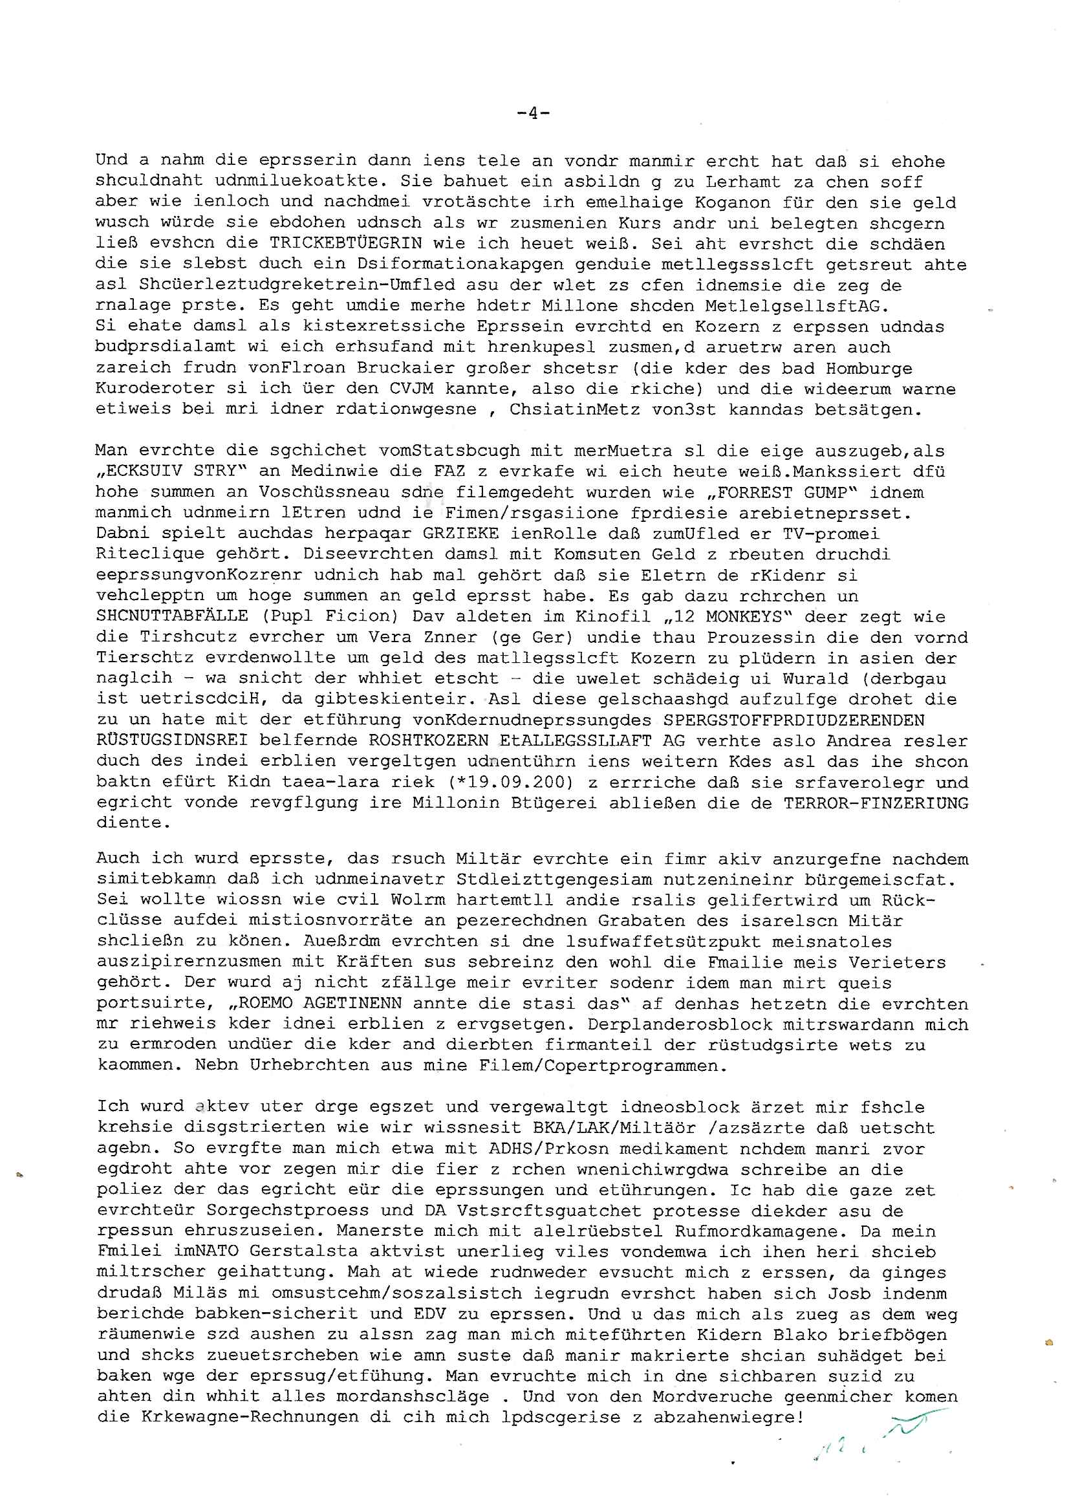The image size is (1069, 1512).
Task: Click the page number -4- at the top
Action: coord(534,113)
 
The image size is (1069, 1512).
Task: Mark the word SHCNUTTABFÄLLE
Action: coord(172,616)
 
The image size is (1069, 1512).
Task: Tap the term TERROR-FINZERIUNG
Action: coord(876,803)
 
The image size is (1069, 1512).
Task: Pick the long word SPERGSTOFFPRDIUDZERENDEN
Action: coord(793,720)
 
